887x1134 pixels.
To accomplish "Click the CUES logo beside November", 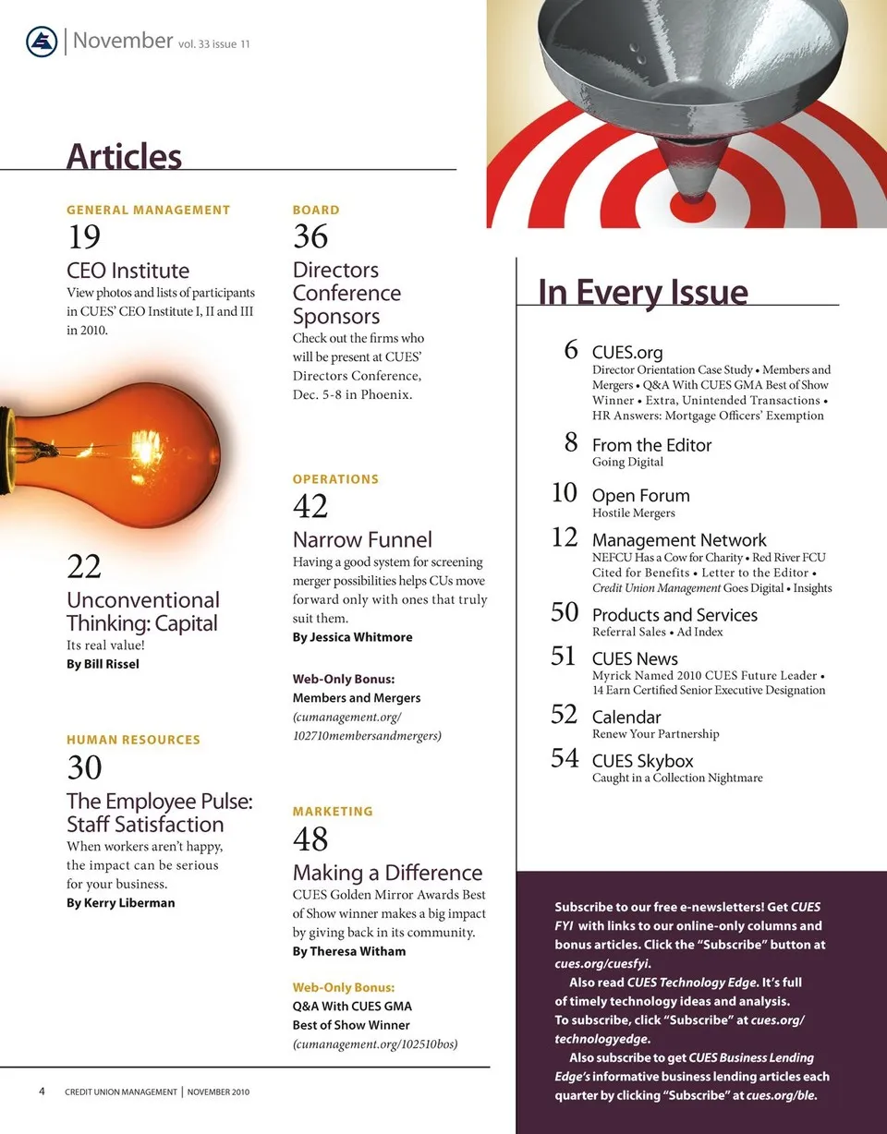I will click(x=43, y=42).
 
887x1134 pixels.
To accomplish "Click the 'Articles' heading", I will click(x=124, y=156).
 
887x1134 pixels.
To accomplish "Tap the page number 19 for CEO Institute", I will click(x=84, y=237).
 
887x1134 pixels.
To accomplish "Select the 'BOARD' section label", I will click(x=316, y=210).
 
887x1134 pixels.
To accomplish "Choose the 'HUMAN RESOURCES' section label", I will click(x=133, y=740).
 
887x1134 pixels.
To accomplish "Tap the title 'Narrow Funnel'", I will click(x=362, y=539).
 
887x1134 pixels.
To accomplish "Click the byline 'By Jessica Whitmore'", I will click(x=353, y=637).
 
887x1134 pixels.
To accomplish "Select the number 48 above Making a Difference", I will click(x=310, y=839).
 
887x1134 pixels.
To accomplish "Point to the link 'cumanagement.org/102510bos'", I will click(x=376, y=1044).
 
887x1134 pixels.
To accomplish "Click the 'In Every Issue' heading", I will click(x=643, y=292).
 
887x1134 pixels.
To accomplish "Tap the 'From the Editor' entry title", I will click(x=652, y=445).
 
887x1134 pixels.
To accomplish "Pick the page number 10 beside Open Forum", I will click(x=565, y=493).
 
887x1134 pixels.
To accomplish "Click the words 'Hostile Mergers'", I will click(x=634, y=513).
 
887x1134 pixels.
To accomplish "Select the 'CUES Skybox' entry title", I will click(x=642, y=761).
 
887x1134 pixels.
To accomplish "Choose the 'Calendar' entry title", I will click(x=626, y=717).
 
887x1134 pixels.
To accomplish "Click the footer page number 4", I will click(x=43, y=1091).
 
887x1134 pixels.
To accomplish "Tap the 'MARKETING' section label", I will click(x=333, y=811).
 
